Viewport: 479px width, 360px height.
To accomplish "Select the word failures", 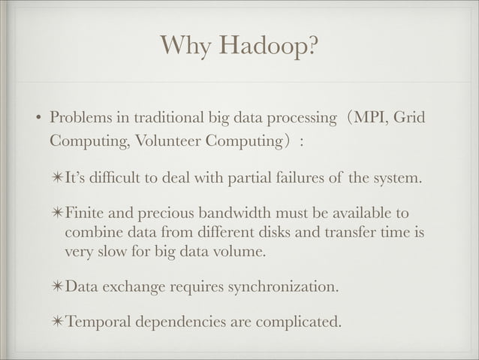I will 309,180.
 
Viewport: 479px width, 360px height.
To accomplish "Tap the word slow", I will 107,251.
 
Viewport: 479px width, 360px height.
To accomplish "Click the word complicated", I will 296,323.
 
